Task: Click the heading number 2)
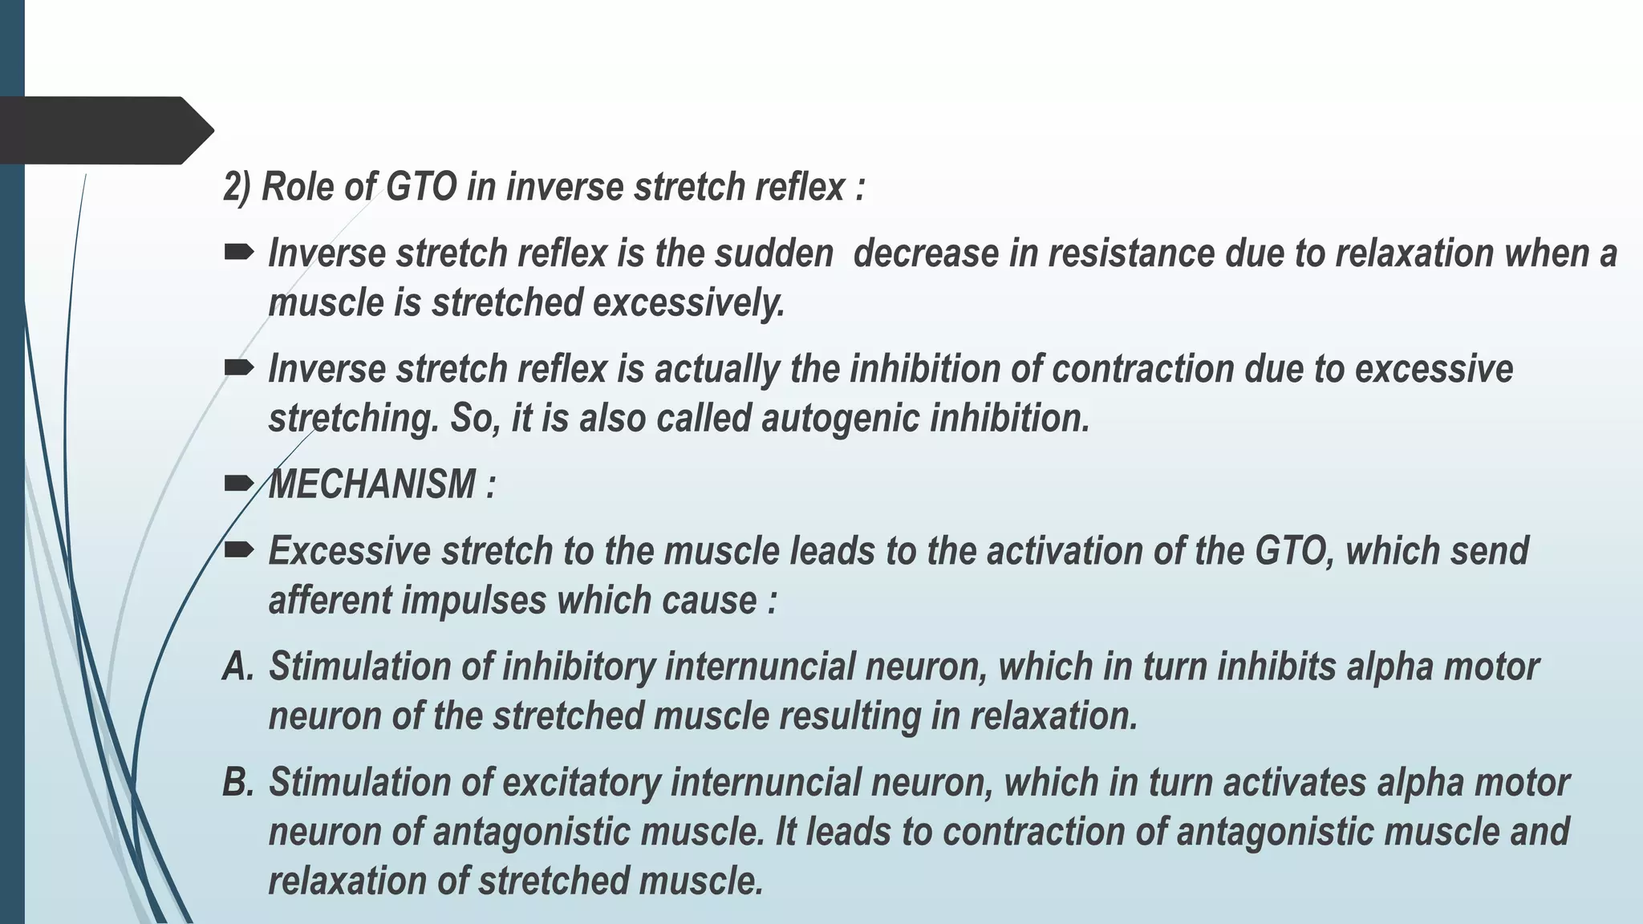(237, 188)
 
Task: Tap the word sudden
(774, 253)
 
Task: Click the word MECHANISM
(372, 484)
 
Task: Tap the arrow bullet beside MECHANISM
(238, 483)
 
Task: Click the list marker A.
(237, 667)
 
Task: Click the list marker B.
(237, 782)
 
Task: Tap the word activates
(1295, 782)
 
